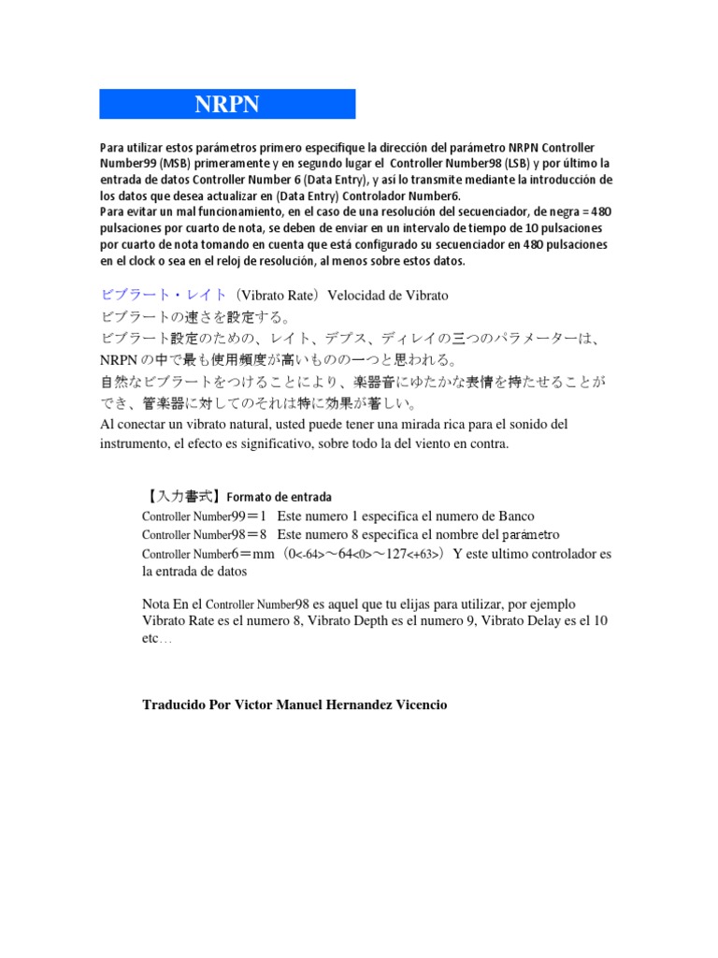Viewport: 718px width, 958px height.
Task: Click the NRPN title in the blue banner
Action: [227, 104]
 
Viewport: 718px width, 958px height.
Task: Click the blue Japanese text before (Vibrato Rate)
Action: [163, 296]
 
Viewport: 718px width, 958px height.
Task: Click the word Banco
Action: [512, 516]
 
